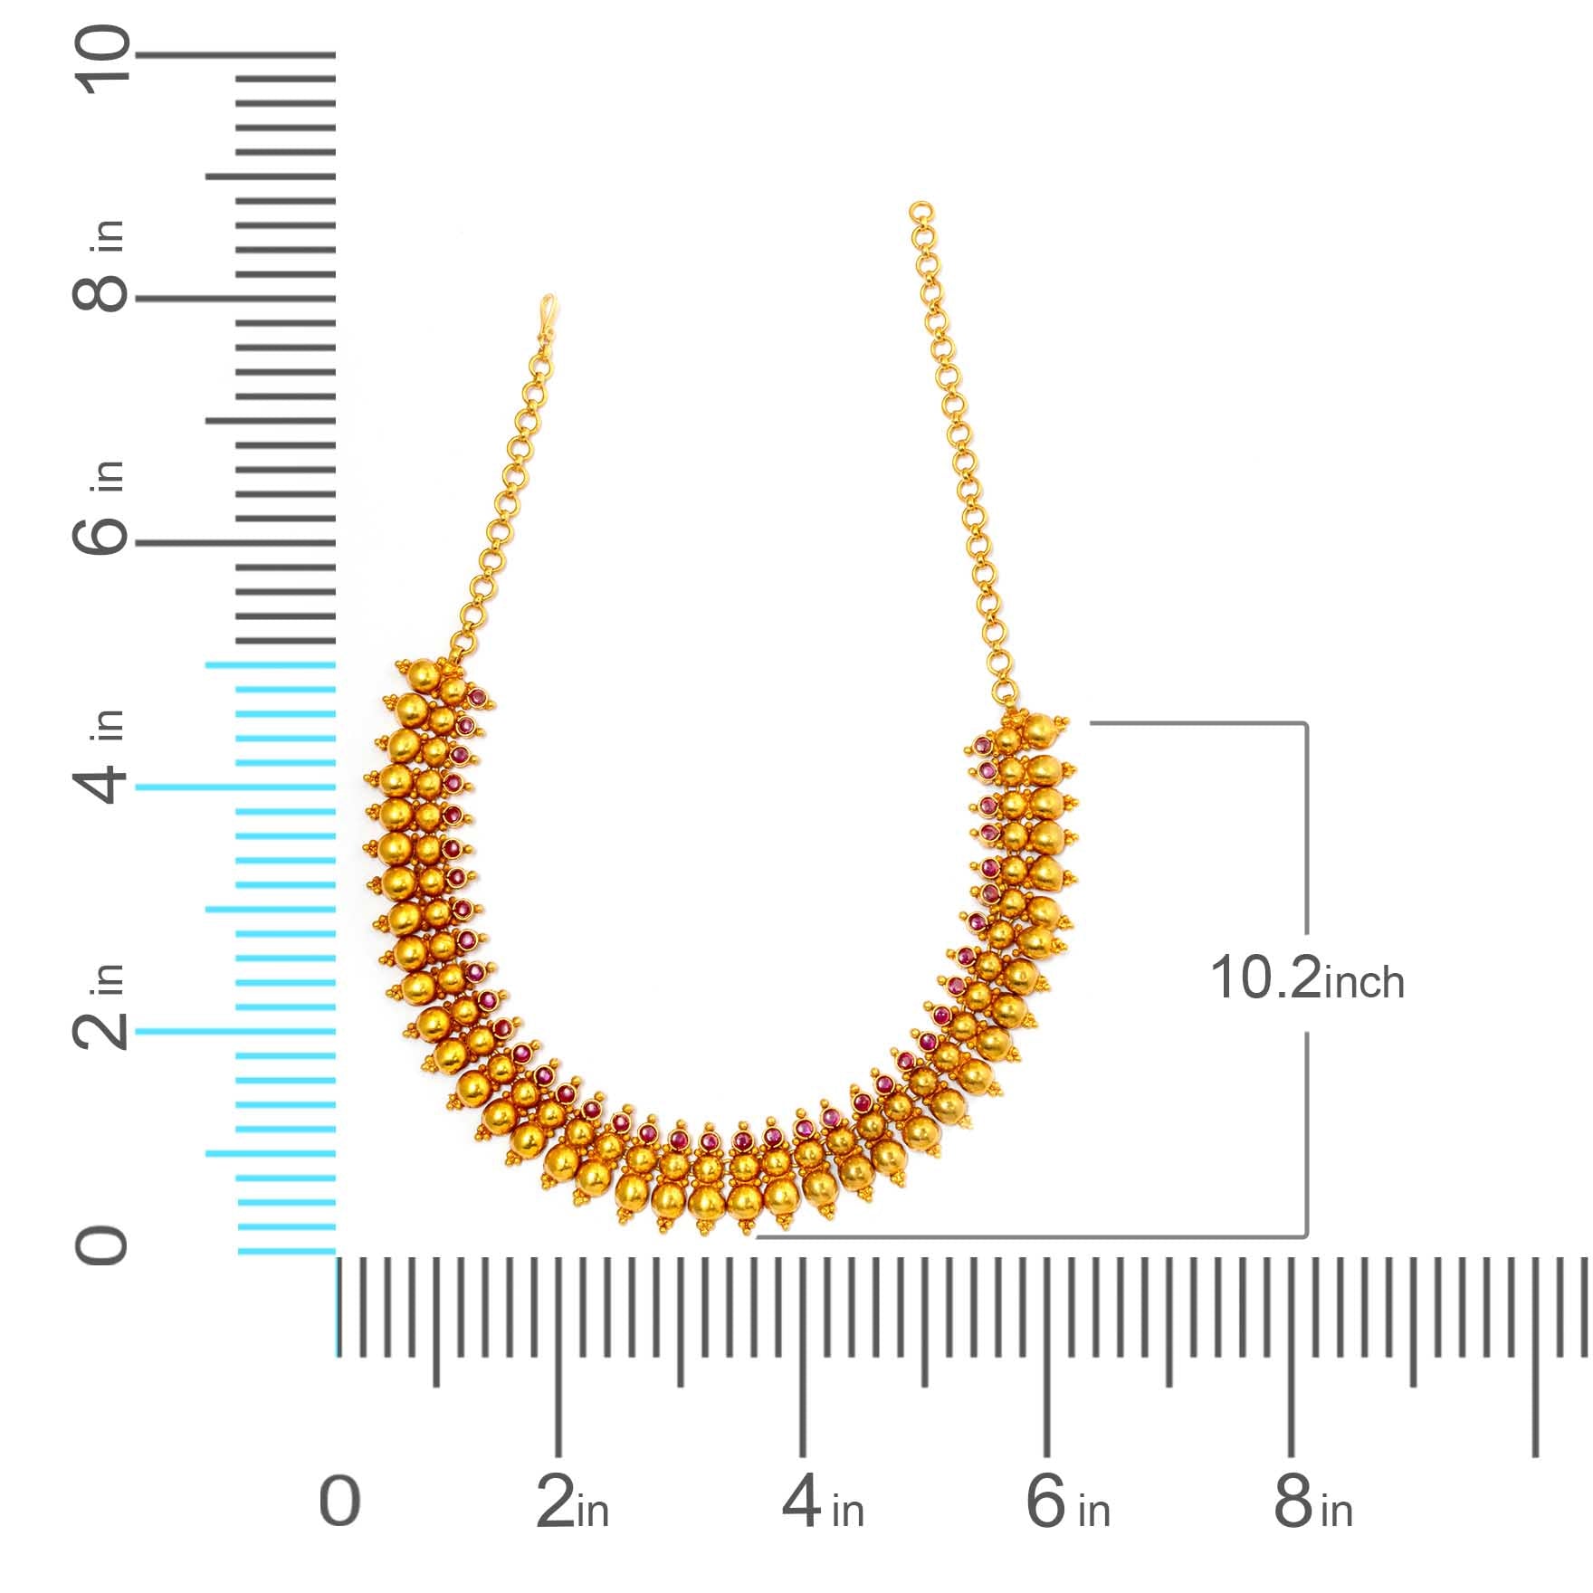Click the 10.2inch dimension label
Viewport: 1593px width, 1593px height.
click(x=1306, y=980)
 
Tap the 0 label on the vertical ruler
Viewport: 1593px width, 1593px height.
click(x=102, y=1246)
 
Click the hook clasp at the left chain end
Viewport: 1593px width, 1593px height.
click(x=546, y=311)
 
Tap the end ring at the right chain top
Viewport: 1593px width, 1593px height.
click(x=921, y=212)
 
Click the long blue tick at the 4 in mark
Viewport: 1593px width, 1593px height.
click(x=235, y=787)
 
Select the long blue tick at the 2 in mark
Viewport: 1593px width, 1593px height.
click(x=235, y=1031)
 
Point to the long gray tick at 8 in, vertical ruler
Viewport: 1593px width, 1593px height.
click(x=235, y=298)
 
